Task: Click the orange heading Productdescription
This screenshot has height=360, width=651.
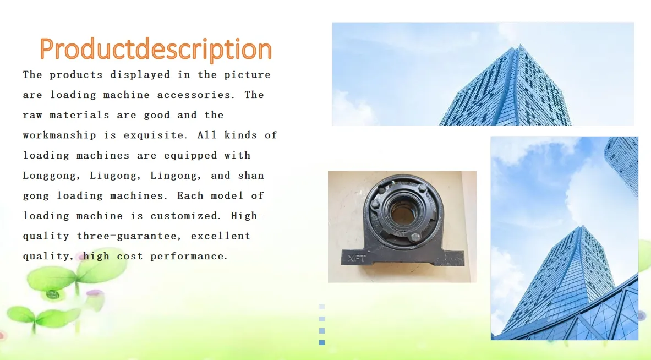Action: (156, 50)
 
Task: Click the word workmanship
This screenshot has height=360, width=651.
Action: (59, 135)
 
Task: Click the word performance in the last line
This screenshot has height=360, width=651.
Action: (189, 256)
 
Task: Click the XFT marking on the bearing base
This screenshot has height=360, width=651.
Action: (357, 259)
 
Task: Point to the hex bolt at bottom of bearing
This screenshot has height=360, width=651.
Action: (415, 237)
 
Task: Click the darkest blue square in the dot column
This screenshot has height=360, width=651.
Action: (322, 342)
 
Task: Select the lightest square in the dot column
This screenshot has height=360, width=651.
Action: (322, 307)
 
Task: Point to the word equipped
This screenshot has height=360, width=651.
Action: (190, 156)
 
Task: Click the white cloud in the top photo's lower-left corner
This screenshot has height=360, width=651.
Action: (353, 109)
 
